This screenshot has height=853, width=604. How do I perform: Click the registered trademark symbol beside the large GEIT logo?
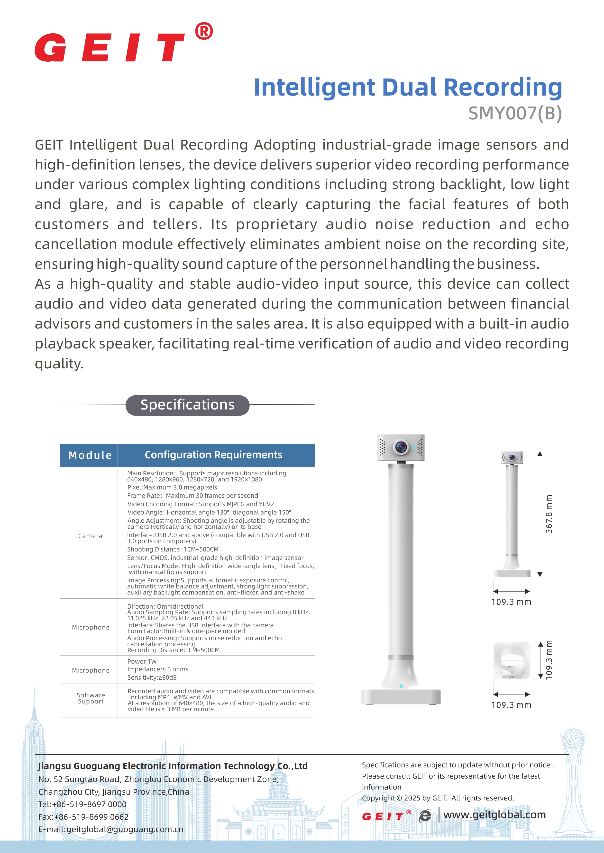[204, 31]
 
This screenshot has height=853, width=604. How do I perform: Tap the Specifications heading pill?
[187, 405]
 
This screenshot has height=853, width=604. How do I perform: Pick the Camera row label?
[90, 536]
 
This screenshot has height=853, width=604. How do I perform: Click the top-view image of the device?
[512, 660]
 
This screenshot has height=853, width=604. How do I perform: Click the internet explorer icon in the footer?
[425, 816]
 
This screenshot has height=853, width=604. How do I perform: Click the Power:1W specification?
[142, 661]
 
